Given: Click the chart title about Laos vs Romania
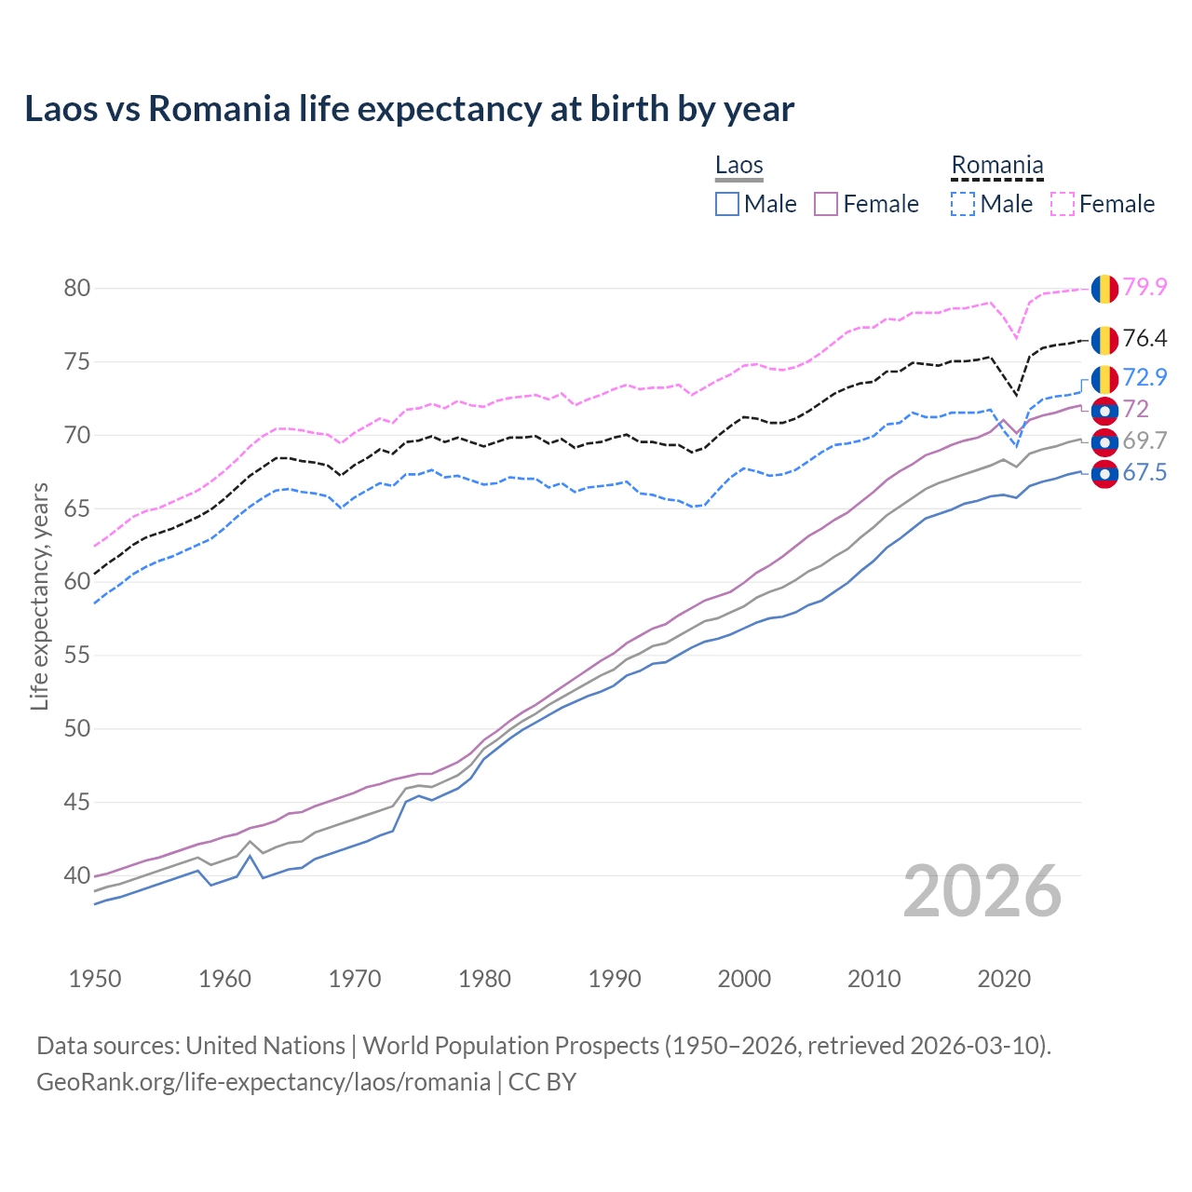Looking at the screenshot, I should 409,109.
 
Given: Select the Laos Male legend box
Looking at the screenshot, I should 727,204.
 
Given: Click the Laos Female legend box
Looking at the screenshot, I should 826,204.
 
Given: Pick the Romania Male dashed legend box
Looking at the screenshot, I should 963,204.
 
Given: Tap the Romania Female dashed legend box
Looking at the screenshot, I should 1062,204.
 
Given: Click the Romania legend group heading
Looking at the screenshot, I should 996,166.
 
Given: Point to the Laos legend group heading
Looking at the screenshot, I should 739,166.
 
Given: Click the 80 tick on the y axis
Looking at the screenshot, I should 77,289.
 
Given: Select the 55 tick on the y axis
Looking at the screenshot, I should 77,656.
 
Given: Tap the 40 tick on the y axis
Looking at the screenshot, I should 77,875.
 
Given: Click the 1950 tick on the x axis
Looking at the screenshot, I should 95,979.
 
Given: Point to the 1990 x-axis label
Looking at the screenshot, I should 615,979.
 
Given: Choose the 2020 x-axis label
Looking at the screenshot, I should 1004,979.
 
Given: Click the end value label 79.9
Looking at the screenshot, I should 1145,288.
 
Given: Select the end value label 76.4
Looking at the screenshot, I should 1145,339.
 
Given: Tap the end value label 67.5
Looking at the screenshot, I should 1145,473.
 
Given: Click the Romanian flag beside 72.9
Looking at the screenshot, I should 1104,379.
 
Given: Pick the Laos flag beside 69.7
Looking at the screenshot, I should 1104,441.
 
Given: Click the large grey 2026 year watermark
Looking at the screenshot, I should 982,892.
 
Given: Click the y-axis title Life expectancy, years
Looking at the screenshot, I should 40,596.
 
